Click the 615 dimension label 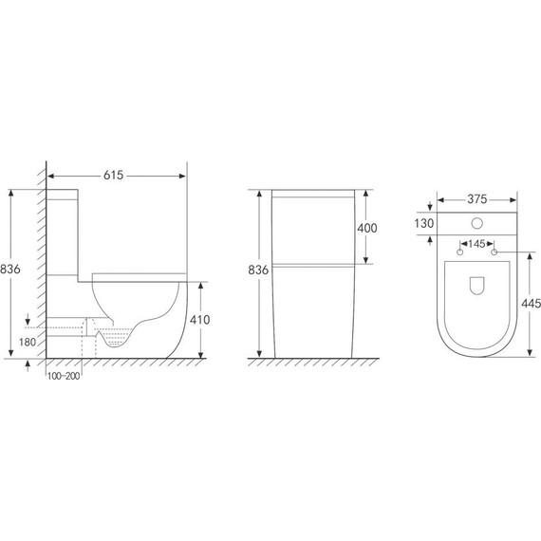(x=113, y=176)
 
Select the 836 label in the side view (x=10, y=269)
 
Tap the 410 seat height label (x=199, y=320)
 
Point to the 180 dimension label (x=28, y=343)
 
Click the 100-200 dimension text (x=64, y=376)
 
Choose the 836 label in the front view (x=258, y=270)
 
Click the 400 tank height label (x=367, y=228)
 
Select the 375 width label (x=477, y=199)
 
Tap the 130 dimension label (x=424, y=224)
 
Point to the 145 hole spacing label (x=476, y=244)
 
